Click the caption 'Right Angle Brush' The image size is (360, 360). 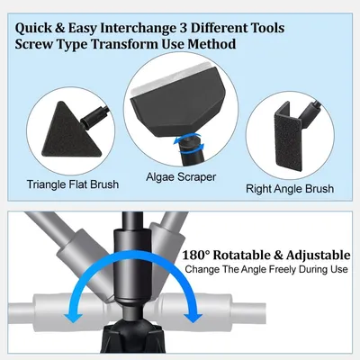click(290, 189)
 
